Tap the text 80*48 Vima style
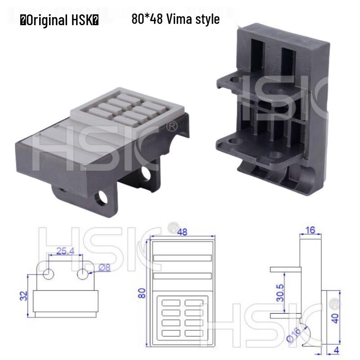coord(175,19)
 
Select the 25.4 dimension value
coord(65,251)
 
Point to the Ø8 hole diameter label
coord(104,267)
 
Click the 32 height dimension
coord(24,296)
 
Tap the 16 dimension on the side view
coord(310,230)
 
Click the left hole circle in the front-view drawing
coord(49,274)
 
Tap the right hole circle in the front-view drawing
coord(82,274)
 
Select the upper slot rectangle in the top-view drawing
coord(182,258)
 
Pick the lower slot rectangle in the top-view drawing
coord(182,276)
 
